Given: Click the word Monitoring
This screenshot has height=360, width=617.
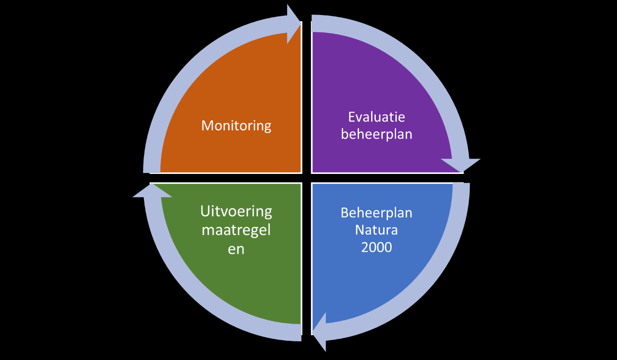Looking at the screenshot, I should (236, 126).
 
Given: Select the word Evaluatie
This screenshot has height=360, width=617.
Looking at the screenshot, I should (376, 117).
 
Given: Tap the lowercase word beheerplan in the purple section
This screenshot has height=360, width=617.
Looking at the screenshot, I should (376, 135).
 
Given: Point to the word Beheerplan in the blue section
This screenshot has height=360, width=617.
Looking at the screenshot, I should (376, 213).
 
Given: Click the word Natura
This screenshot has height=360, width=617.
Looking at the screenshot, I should (376, 230).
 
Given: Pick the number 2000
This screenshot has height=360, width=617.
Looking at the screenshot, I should (376, 247).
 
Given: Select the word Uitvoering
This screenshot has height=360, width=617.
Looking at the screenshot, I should (236, 211).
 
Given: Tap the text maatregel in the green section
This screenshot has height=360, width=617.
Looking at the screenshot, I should (236, 230).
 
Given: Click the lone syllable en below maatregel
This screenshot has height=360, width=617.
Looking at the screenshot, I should (236, 249).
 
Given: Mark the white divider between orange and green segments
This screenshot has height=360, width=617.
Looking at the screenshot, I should (224, 178).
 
